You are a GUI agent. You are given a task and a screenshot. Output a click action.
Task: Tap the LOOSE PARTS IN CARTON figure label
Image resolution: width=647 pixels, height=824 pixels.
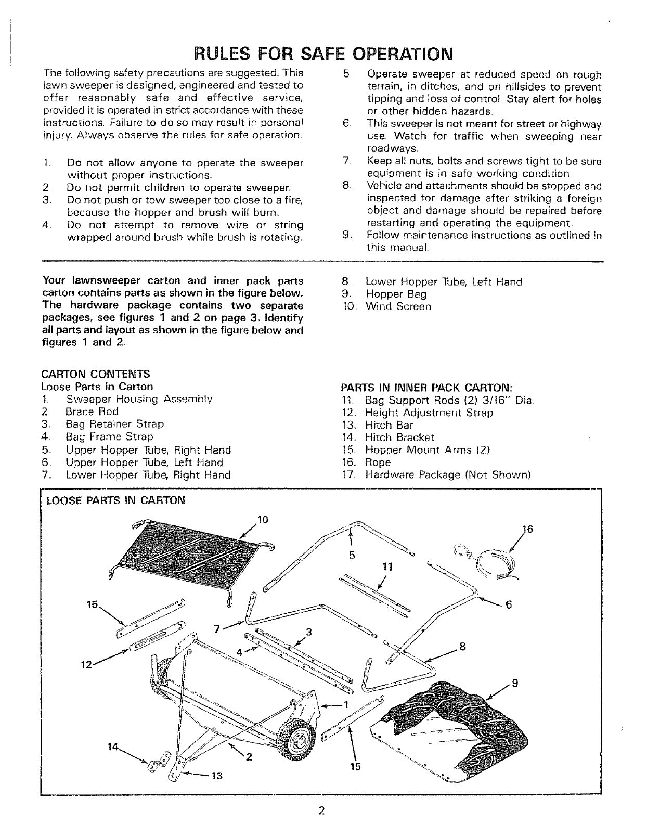click(x=115, y=501)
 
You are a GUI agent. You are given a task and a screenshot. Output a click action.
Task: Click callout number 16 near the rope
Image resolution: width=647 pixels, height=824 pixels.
click(x=527, y=530)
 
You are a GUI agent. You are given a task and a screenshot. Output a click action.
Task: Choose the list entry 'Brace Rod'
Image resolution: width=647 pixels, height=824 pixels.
click(x=92, y=411)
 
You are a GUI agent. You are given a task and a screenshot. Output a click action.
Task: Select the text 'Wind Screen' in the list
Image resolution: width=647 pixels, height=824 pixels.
click(x=398, y=306)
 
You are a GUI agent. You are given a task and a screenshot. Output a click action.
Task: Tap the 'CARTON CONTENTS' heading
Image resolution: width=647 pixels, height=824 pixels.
click(x=95, y=374)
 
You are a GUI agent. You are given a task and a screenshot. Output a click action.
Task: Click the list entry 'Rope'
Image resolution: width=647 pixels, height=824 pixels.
click(x=378, y=462)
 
